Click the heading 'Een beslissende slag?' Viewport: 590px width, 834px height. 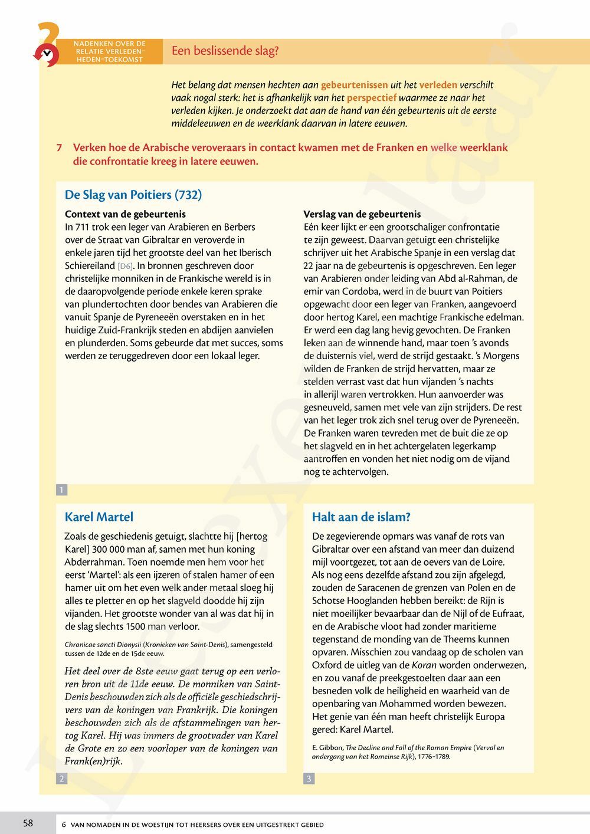pos(225,51)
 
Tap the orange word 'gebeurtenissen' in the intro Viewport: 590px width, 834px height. pos(354,85)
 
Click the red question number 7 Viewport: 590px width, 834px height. pos(60,148)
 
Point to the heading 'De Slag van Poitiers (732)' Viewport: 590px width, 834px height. pos(133,195)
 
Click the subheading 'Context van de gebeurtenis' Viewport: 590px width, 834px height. pos(125,214)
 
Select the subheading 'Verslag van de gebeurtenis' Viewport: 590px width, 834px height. pos(362,214)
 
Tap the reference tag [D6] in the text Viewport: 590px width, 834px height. pos(126,266)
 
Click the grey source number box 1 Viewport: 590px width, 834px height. pos(61,490)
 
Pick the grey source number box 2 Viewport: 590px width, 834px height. pos(61,779)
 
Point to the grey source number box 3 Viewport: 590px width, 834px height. pos(309,779)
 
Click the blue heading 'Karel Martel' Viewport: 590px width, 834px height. pos(99,517)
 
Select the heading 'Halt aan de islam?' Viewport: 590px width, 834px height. pos(360,517)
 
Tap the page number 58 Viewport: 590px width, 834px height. pos(28,823)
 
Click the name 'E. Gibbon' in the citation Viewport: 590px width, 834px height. pos(327,748)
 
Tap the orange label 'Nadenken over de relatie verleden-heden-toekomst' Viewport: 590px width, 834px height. pos(110,51)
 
